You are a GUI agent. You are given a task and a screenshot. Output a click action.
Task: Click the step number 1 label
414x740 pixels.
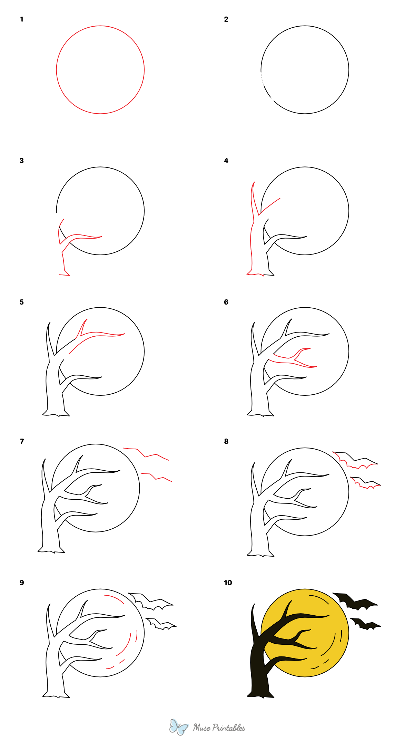[x=22, y=19]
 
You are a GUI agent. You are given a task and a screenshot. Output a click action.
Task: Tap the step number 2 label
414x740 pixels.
[x=226, y=19]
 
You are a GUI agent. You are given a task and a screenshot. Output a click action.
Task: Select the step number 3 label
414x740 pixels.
[x=22, y=161]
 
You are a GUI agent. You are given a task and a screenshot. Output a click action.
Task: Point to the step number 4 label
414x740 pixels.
[x=226, y=161]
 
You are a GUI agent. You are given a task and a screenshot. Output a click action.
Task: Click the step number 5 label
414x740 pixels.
[x=22, y=302]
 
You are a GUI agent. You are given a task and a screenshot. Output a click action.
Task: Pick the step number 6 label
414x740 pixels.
[x=226, y=302]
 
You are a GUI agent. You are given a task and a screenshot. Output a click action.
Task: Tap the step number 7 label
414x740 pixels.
[x=22, y=441]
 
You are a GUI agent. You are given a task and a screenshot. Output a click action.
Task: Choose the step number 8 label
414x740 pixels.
[x=226, y=441]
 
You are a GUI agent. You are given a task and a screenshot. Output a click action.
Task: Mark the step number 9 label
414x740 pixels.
[x=22, y=583]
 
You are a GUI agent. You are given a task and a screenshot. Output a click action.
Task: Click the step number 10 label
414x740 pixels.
[x=228, y=583]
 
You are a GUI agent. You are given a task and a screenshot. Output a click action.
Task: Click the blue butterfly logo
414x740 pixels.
[x=179, y=727]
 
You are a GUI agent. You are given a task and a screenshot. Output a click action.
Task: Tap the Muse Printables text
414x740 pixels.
[x=219, y=728]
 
